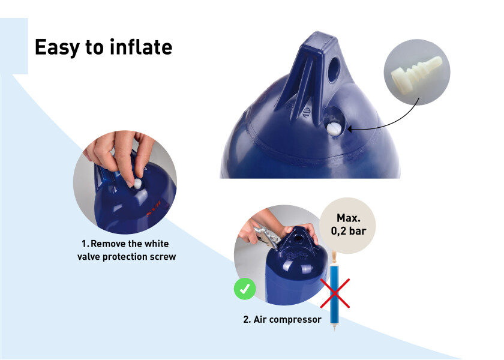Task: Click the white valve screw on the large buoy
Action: (x=332, y=127)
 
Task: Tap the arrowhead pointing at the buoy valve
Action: (x=349, y=127)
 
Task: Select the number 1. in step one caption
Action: (x=85, y=244)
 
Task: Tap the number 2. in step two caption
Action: (x=247, y=319)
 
